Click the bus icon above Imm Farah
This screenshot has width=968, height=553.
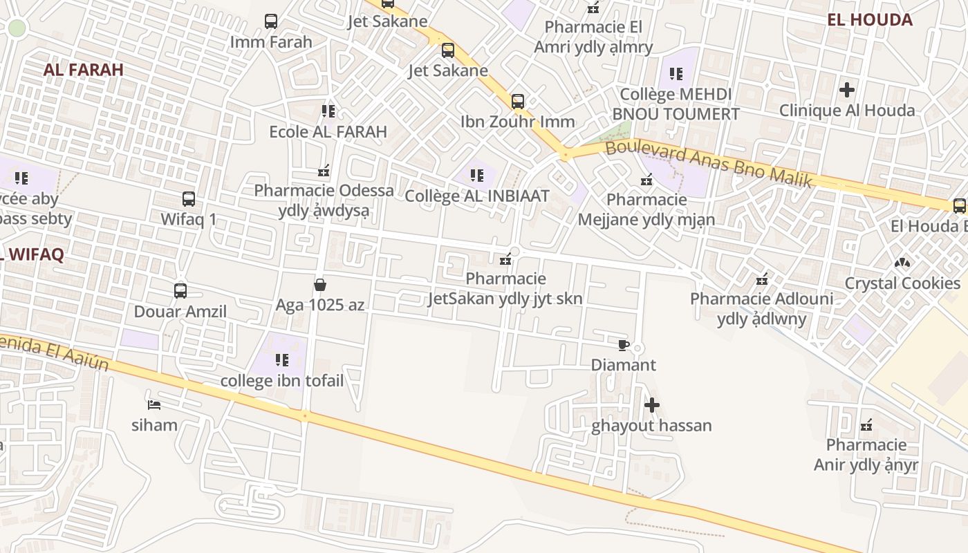pyautogui.click(x=271, y=21)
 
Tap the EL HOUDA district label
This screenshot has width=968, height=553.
pyautogui.click(x=870, y=20)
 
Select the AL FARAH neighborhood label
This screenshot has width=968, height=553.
pyautogui.click(x=84, y=70)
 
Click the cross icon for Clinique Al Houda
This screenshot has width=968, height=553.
pyautogui.click(x=846, y=90)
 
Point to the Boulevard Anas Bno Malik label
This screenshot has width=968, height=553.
pyautogui.click(x=708, y=165)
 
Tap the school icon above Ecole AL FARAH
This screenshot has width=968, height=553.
pyautogui.click(x=328, y=111)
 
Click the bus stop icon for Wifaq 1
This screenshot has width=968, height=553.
pyautogui.click(x=189, y=199)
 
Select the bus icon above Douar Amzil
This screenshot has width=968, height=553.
pyautogui.click(x=180, y=291)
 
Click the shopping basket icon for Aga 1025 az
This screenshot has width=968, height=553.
pyautogui.click(x=320, y=284)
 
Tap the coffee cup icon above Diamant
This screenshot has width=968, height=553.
pyautogui.click(x=623, y=344)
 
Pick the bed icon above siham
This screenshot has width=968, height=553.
pyautogui.click(x=154, y=404)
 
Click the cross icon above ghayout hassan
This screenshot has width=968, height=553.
pyautogui.click(x=651, y=405)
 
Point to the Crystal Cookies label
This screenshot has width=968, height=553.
pyautogui.click(x=902, y=283)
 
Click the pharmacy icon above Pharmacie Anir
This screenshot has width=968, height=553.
pyautogui.click(x=866, y=424)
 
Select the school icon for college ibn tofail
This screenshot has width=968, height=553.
pyautogui.click(x=281, y=360)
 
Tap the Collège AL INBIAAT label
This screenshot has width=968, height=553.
pyautogui.click(x=476, y=196)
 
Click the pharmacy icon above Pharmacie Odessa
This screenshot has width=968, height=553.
pyautogui.click(x=323, y=170)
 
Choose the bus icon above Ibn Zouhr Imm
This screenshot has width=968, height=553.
pyautogui.click(x=518, y=102)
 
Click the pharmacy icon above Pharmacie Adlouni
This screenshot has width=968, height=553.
pyautogui.click(x=762, y=279)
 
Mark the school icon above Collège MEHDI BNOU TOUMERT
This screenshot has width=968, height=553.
pyautogui.click(x=676, y=73)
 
